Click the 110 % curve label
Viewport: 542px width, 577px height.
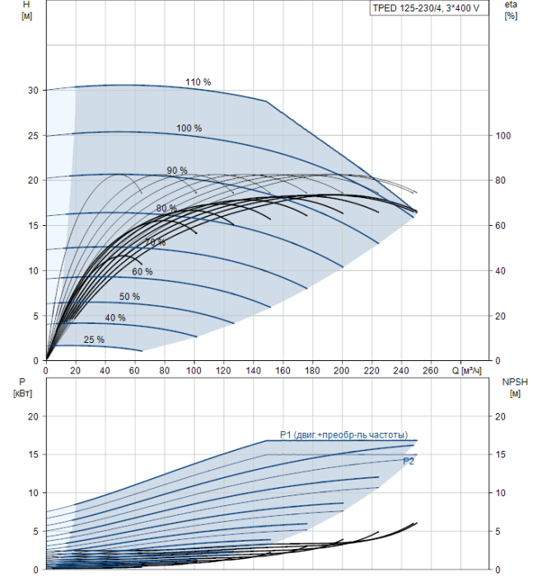click(198, 82)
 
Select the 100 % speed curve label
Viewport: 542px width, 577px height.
click(189, 128)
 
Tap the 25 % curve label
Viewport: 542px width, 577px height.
click(94, 340)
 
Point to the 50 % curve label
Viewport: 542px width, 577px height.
click(129, 297)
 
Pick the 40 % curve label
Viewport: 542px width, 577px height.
click(115, 317)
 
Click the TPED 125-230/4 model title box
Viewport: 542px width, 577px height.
click(429, 8)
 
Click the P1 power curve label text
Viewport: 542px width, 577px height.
click(343, 435)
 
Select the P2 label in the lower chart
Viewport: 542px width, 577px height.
click(409, 462)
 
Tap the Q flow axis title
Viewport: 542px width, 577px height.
click(466, 371)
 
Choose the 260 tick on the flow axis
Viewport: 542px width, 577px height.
click(431, 371)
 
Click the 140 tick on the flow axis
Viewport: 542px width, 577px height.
click(253, 371)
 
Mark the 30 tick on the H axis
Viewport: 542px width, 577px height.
click(33, 91)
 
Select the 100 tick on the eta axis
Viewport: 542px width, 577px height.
click(503, 136)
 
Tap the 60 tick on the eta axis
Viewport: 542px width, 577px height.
click(500, 226)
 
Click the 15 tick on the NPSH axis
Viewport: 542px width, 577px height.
click(500, 454)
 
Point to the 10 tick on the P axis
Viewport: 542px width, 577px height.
click(33, 493)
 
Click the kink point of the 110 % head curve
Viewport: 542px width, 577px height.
click(266, 101)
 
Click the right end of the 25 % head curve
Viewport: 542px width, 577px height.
click(142, 351)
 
